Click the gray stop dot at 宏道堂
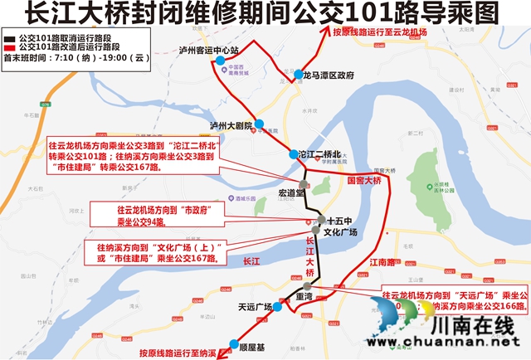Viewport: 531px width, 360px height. (x=304, y=183)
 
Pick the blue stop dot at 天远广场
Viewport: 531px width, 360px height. (x=278, y=307)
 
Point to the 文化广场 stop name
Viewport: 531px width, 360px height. (x=339, y=233)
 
